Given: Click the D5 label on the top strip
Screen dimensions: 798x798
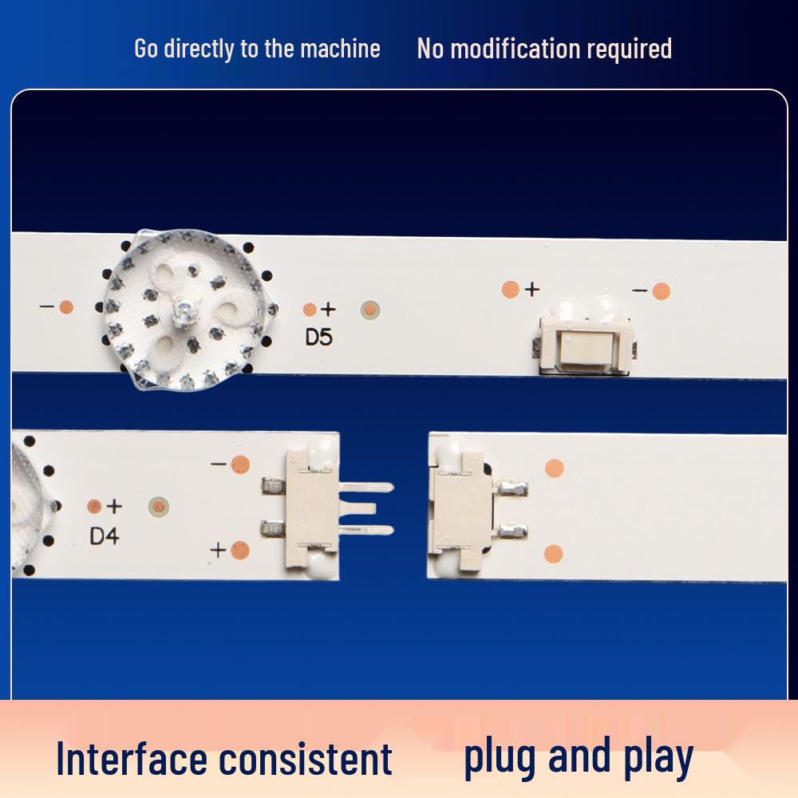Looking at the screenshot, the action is [318, 337].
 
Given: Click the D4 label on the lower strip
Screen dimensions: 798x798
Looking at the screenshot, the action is [105, 536].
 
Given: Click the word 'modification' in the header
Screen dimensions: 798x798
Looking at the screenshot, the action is [515, 49].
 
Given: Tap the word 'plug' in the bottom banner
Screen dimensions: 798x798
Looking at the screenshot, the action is [502, 757].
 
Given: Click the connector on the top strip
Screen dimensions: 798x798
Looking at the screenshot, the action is [586, 344].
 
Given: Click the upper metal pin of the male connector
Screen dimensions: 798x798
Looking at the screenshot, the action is [366, 488].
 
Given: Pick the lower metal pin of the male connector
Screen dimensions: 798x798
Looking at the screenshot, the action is [366, 531].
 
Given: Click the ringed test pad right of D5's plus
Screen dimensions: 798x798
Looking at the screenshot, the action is [370, 310].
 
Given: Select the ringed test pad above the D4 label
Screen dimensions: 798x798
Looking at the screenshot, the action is [159, 507].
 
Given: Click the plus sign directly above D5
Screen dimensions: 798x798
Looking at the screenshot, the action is [328, 309].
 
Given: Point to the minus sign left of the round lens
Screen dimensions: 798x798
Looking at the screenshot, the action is [47, 306].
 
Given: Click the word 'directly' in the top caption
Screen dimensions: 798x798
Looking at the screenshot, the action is [198, 49].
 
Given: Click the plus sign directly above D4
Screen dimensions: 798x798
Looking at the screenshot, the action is [114, 506].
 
